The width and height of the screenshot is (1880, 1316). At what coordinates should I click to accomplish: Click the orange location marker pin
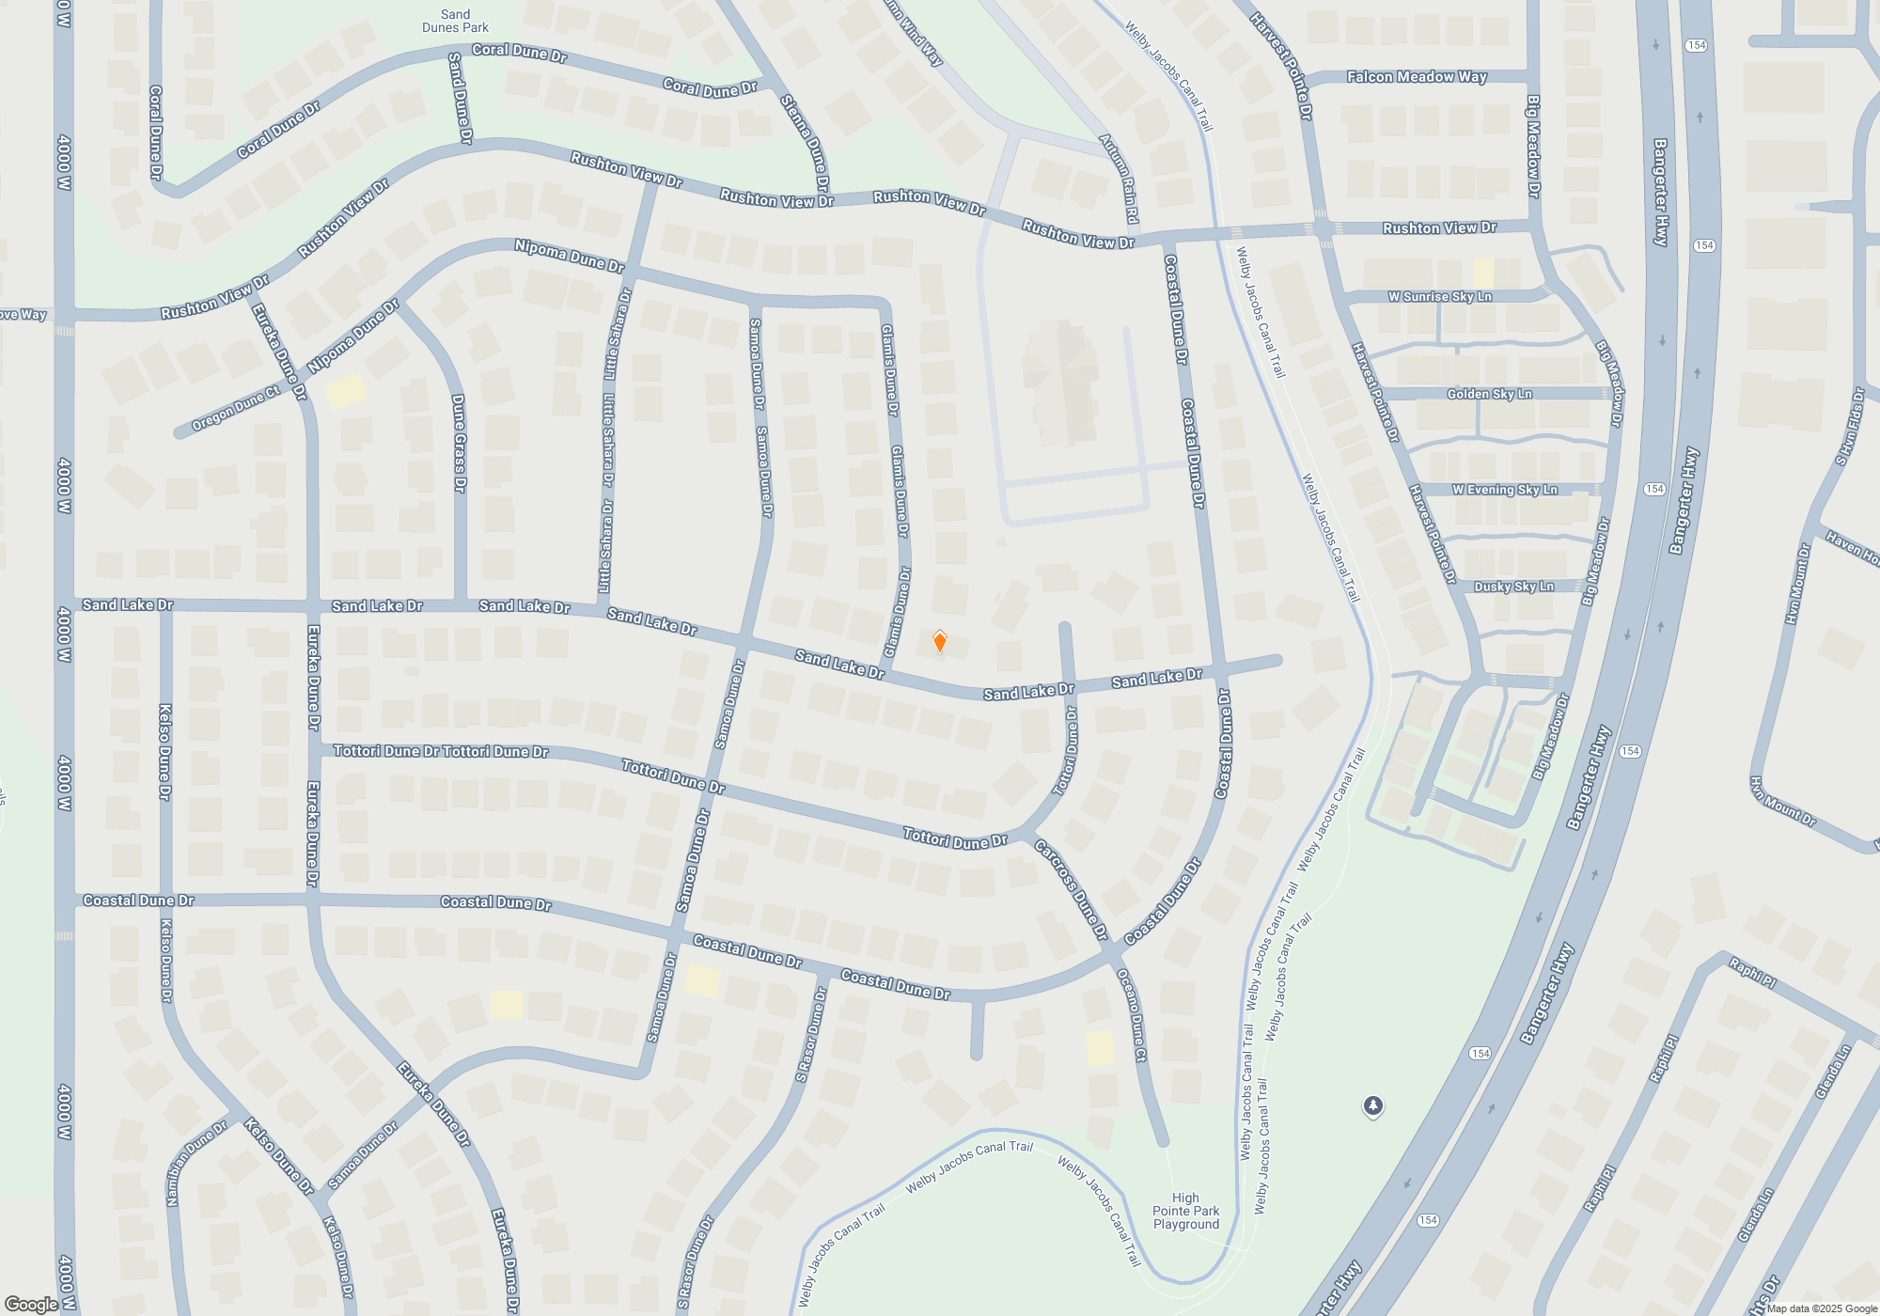pos(939,642)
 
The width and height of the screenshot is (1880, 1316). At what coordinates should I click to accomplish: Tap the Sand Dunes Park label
pos(455,21)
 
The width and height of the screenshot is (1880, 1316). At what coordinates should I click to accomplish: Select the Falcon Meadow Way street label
pos(1417,77)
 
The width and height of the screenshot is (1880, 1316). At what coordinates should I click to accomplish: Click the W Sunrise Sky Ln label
pos(1439,297)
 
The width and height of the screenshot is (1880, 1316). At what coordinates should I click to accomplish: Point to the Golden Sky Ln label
pos(1489,394)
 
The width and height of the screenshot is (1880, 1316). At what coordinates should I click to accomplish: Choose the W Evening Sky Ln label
pos(1504,490)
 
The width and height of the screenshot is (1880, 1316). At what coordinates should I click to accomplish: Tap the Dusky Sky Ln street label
pos(1513,587)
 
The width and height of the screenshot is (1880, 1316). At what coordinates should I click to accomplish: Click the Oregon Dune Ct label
pos(235,409)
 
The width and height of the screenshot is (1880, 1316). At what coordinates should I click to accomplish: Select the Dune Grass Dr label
pos(459,443)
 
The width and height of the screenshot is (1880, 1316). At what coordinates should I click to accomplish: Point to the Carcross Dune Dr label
pos(1072,889)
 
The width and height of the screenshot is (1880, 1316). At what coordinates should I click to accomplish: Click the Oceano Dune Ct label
pos(1131,1016)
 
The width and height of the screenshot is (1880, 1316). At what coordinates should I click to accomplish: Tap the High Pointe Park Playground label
pos(1185,1211)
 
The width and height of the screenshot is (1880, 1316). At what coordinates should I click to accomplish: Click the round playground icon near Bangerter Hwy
pos(1372,1106)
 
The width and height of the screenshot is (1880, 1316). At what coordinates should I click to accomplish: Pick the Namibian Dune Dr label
pos(196,1163)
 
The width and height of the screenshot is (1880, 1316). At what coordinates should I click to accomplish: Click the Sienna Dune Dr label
pos(805,144)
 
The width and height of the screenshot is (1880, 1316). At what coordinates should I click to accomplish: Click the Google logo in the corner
pos(31,1304)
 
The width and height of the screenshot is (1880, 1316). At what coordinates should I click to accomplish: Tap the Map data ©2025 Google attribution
pos(1821,1308)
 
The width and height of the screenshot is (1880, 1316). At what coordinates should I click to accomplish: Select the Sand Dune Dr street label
pos(460,98)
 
